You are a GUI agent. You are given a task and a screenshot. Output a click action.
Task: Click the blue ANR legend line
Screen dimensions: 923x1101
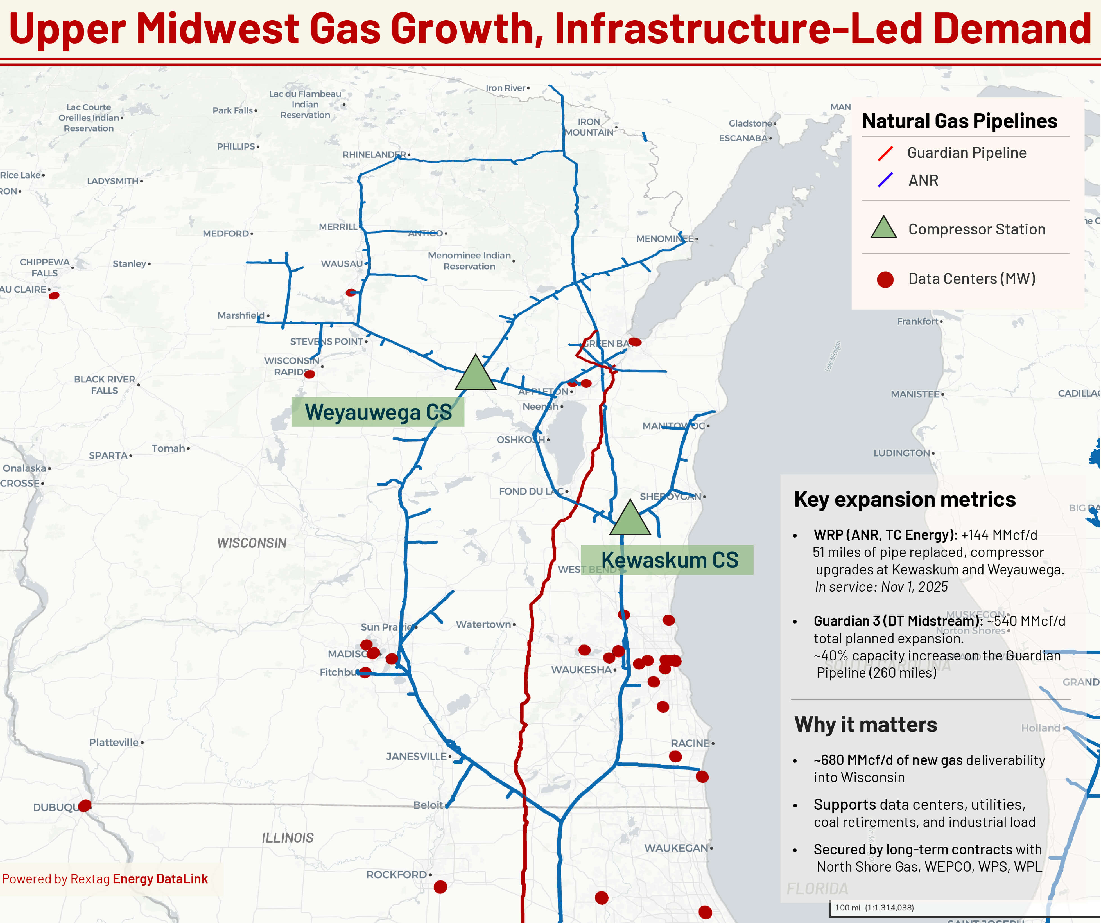[x=885, y=180]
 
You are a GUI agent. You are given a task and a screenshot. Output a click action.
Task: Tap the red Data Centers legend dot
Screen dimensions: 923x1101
[x=885, y=279]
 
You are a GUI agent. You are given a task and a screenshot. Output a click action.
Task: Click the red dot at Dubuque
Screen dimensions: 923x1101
[x=84, y=805]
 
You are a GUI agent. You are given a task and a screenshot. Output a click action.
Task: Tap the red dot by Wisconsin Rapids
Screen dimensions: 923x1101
[x=309, y=374]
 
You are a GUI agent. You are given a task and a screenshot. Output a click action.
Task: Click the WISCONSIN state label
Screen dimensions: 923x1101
[x=252, y=543]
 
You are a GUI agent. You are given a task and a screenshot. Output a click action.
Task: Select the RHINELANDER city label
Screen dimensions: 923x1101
[x=374, y=154]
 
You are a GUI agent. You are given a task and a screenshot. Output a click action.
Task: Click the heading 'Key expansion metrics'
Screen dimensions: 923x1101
[x=905, y=499]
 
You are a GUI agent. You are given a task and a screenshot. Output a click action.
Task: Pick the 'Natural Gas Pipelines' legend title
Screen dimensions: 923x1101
[x=959, y=121]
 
